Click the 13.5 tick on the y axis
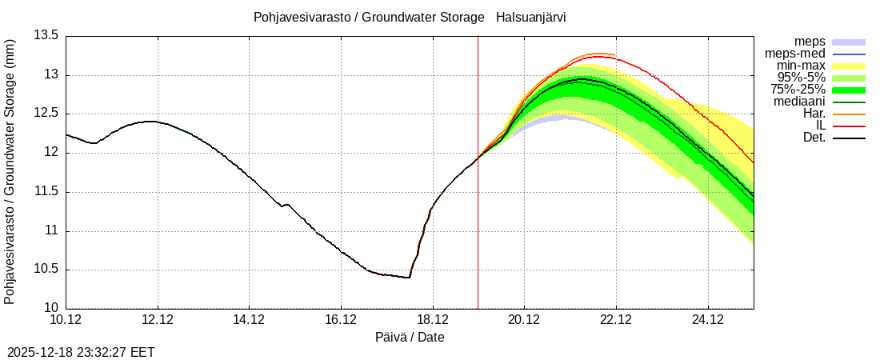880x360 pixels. pos(46,36)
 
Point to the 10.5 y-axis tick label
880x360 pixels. pos(46,270)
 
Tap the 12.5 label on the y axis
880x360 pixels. pos(46,114)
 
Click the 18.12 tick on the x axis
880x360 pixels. pos(433,321)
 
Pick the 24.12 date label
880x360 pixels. pos(708,321)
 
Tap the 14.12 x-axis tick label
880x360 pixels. pos(250,321)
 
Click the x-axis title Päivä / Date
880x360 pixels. pos(410,338)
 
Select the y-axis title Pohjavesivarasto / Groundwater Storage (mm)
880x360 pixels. pos(10,171)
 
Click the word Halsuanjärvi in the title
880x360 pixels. pos(530,17)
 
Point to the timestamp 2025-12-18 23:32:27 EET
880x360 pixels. pos(81,352)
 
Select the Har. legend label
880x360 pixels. pos(812,114)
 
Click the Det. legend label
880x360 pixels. pos(814,138)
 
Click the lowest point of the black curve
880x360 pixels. pos(408,278)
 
